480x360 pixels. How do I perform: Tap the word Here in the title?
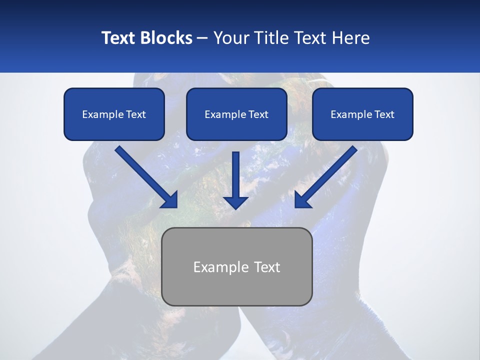(351, 38)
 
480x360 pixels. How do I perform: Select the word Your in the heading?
(231, 38)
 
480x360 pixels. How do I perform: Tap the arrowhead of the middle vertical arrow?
(235, 202)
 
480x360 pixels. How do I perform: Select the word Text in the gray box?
(267, 267)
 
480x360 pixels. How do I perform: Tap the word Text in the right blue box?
(384, 114)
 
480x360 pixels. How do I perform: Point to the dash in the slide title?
(202, 38)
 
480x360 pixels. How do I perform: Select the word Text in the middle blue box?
(258, 114)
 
